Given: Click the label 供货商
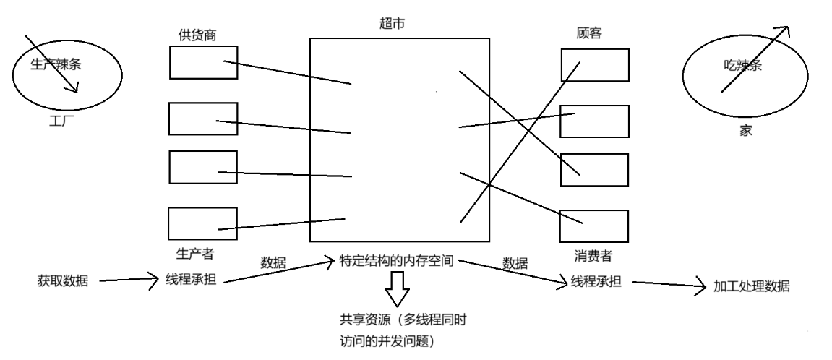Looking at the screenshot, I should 197,35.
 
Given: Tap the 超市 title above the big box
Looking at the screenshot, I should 382,24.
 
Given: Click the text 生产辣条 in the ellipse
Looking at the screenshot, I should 56,64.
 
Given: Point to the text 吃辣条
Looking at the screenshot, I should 743,66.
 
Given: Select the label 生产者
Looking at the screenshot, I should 194,254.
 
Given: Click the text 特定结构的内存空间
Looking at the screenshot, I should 396,261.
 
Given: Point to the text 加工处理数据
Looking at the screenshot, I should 752,286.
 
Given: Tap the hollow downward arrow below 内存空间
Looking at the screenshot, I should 396,292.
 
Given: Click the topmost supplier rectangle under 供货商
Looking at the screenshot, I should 204,62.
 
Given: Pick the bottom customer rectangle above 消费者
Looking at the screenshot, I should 594,226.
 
